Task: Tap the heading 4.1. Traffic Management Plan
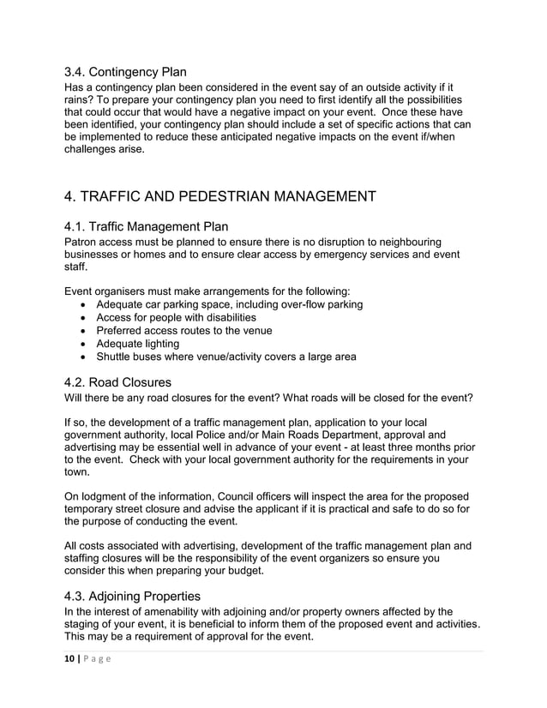146,226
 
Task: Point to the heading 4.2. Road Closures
117,381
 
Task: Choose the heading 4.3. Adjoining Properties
132,595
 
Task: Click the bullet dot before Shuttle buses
81,357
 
